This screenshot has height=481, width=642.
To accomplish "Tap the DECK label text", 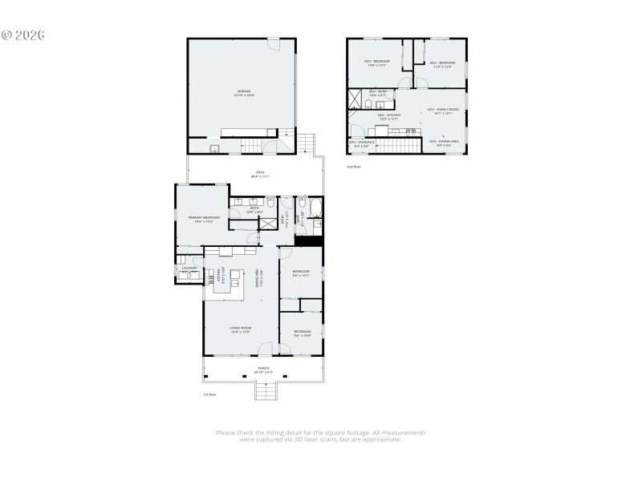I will (x=260, y=174).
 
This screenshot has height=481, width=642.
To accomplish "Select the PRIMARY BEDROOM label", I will (x=204, y=218).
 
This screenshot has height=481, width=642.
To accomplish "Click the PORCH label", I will (x=263, y=370).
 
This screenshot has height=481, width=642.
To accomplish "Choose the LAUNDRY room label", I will (x=189, y=269).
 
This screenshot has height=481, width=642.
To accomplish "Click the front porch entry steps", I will (x=266, y=390).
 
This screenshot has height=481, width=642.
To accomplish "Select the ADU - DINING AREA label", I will (x=444, y=143).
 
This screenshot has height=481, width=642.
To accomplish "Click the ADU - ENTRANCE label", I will (x=361, y=144).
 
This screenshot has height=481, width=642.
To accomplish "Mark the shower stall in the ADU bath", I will (x=355, y=98).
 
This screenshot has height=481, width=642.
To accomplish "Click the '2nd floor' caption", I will (x=354, y=167).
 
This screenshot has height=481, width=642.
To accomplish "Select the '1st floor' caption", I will (x=209, y=394).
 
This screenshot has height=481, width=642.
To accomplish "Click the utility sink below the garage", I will (x=214, y=148).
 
